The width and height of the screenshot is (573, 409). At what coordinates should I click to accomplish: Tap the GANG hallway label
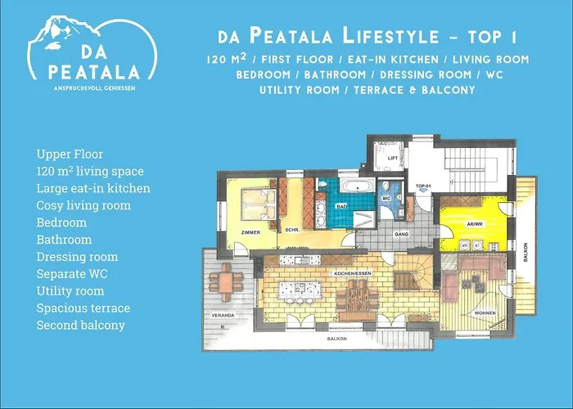click(402, 233)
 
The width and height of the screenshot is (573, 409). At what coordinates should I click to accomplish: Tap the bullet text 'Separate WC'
click(69, 274)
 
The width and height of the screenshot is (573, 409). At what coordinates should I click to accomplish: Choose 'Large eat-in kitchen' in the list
click(92, 188)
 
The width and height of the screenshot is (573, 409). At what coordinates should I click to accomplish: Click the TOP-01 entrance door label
click(423, 187)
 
